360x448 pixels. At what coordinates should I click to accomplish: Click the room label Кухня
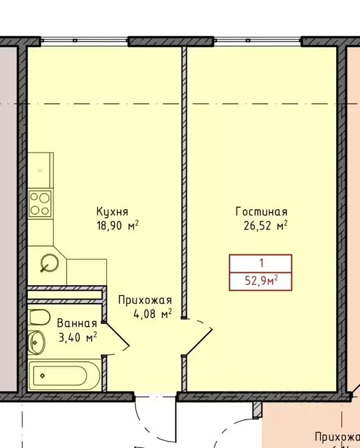(x=113, y=211)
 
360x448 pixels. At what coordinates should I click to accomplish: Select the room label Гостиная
(x=261, y=211)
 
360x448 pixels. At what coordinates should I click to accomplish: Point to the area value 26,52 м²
(x=266, y=225)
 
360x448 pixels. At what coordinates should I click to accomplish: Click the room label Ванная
(x=76, y=323)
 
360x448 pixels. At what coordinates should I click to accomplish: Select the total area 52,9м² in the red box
(x=261, y=282)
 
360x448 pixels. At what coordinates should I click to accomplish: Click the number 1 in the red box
(x=260, y=263)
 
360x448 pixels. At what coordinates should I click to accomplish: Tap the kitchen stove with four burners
(x=40, y=203)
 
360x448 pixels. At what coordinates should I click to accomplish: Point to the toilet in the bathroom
(x=39, y=318)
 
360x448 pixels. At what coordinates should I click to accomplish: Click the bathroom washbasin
(x=36, y=341)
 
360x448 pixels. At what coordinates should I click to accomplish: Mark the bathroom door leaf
(x=117, y=336)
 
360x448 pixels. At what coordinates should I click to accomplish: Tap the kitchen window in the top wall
(x=84, y=41)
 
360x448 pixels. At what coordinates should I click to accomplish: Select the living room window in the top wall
(x=257, y=41)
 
